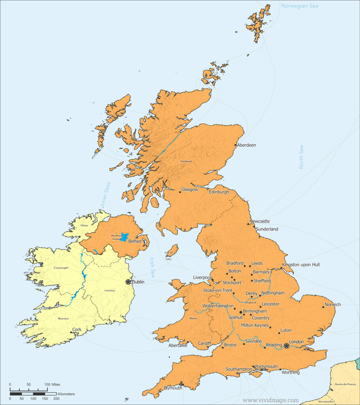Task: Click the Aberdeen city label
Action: click(246, 145)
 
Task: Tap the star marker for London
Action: click(286, 346)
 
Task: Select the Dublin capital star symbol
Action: click(128, 282)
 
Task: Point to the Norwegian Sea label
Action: click(299, 6)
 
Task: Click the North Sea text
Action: click(301, 157)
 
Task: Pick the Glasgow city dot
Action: click(180, 192)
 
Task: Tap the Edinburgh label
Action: click(219, 192)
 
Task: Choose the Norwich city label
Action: click(332, 305)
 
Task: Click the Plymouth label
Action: click(173, 388)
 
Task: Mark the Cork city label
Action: click(77, 329)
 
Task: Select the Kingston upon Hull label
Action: click(301, 265)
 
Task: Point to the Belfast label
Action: click(135, 241)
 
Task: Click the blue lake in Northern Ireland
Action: click(125, 237)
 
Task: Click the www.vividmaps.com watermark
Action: click(271, 400)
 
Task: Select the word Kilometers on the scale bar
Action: click(66, 394)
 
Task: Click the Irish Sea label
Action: click(152, 267)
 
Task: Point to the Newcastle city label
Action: click(260, 221)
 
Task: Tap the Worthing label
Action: click(290, 372)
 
